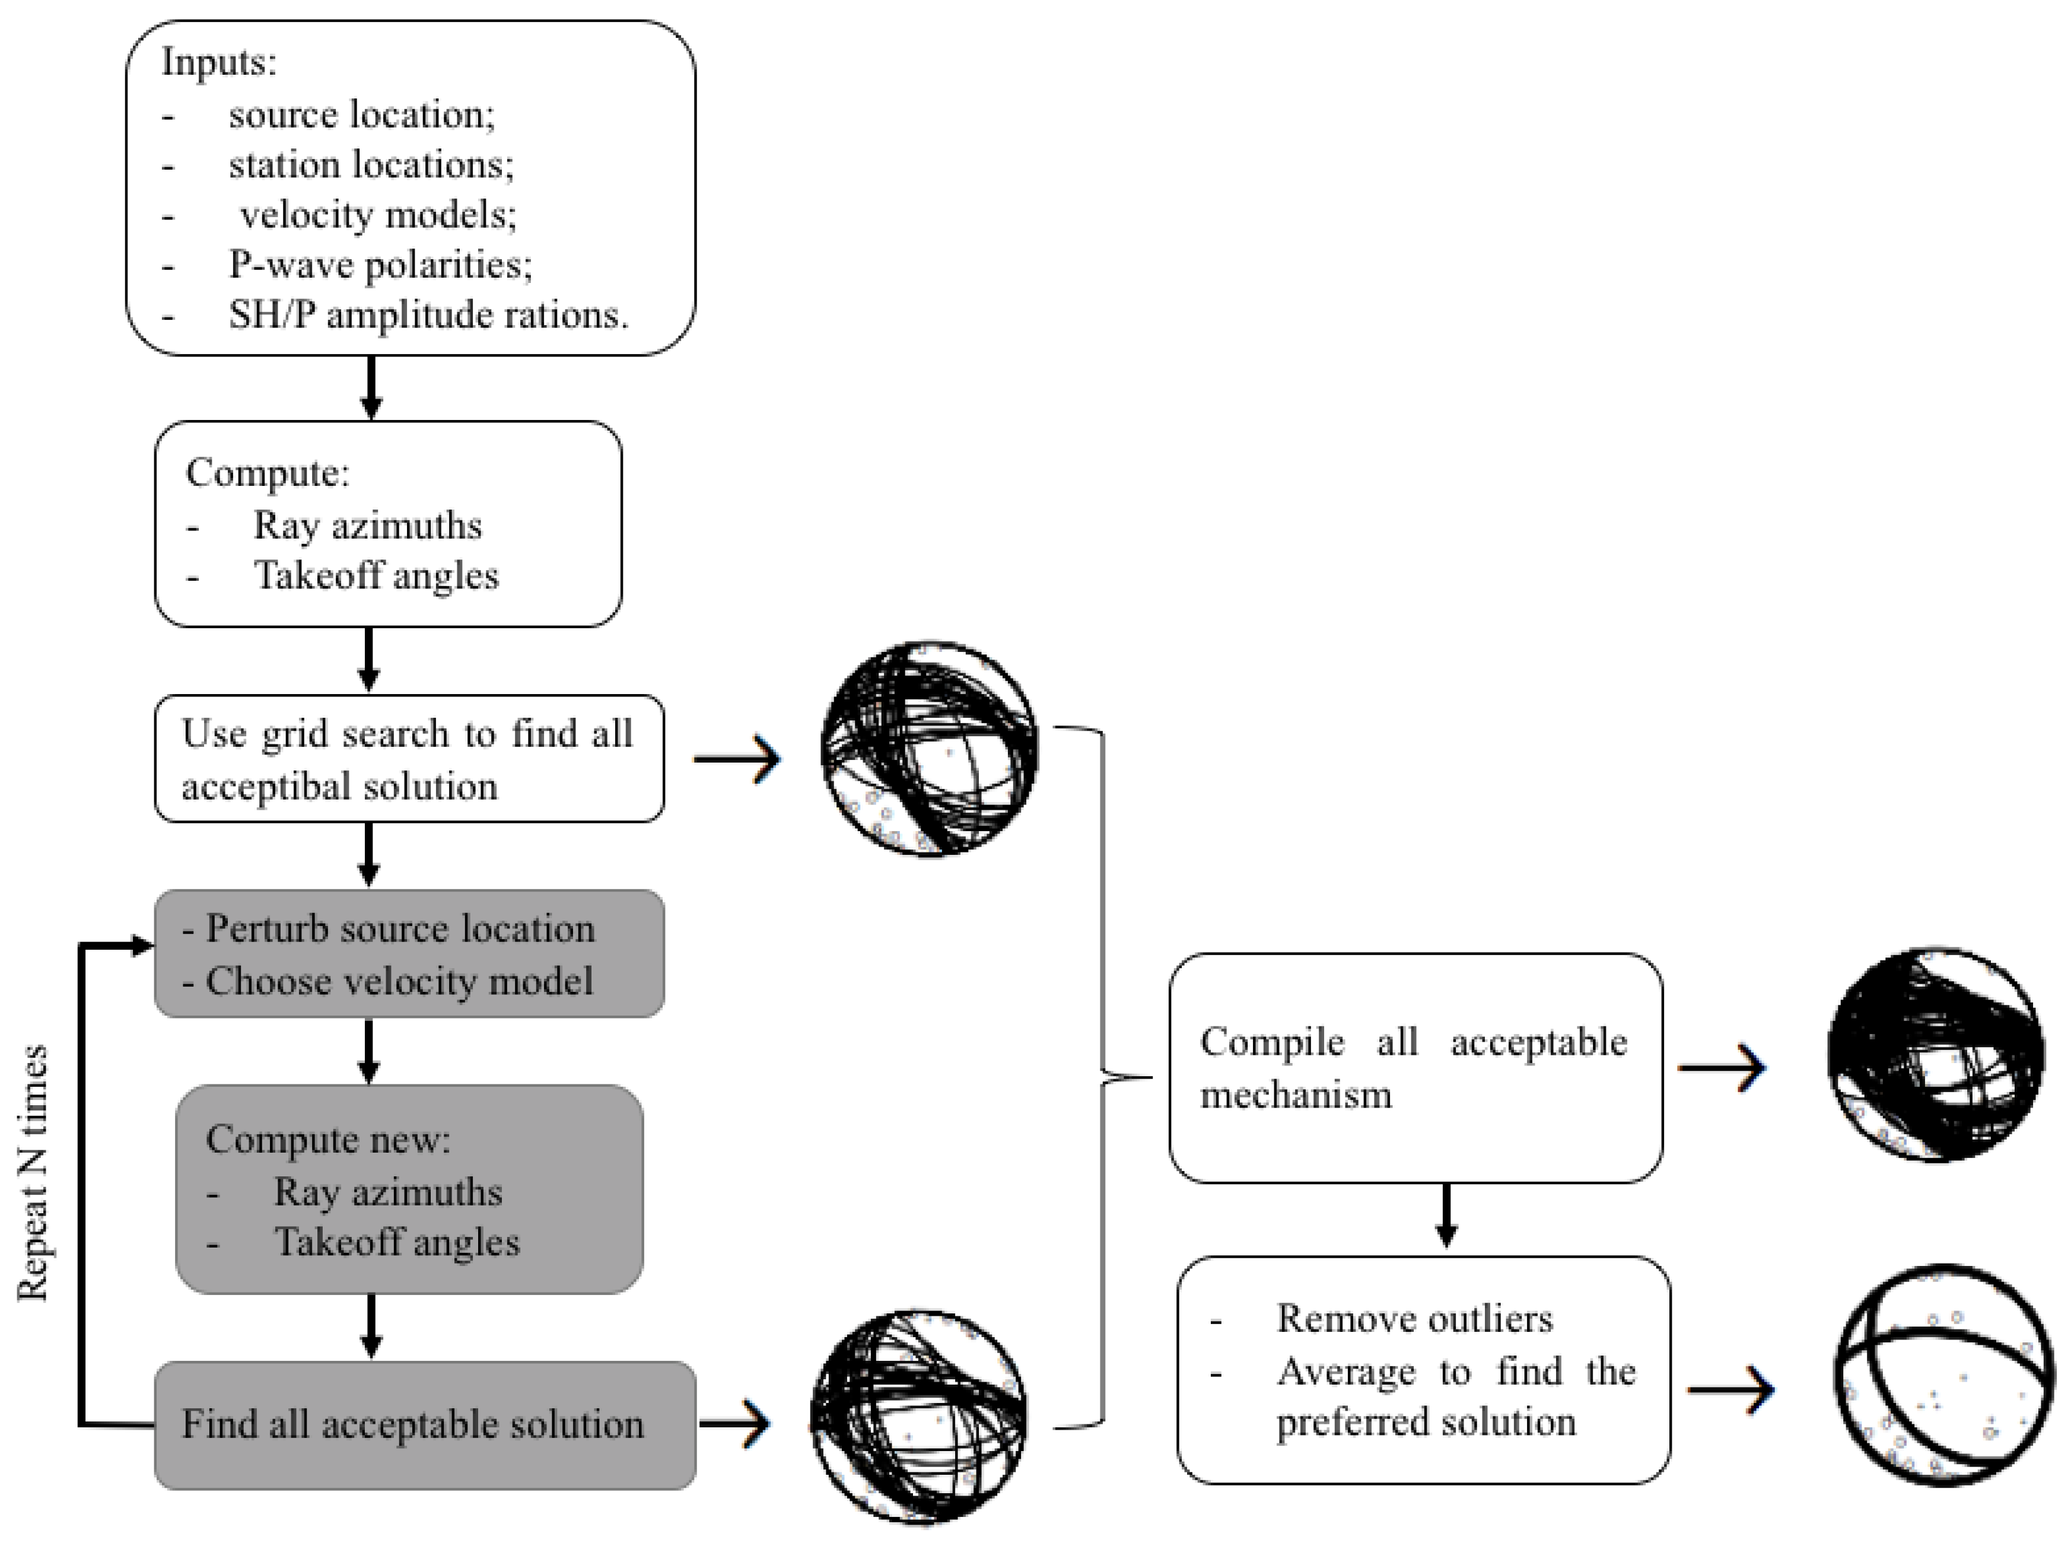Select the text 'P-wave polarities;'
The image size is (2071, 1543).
click(381, 265)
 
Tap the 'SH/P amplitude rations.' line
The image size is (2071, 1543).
click(429, 316)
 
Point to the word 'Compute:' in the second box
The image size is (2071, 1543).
click(267, 473)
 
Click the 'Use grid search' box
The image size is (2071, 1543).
click(409, 758)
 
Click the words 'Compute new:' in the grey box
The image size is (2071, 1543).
click(328, 1140)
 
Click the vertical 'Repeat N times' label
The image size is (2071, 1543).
click(33, 1174)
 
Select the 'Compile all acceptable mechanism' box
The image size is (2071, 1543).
click(1415, 1068)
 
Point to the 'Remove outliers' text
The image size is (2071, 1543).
click(1414, 1319)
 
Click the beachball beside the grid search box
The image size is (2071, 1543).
click(930, 749)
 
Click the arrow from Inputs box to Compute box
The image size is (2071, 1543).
click(371, 387)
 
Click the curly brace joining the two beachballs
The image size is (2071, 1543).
click(1102, 1077)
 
